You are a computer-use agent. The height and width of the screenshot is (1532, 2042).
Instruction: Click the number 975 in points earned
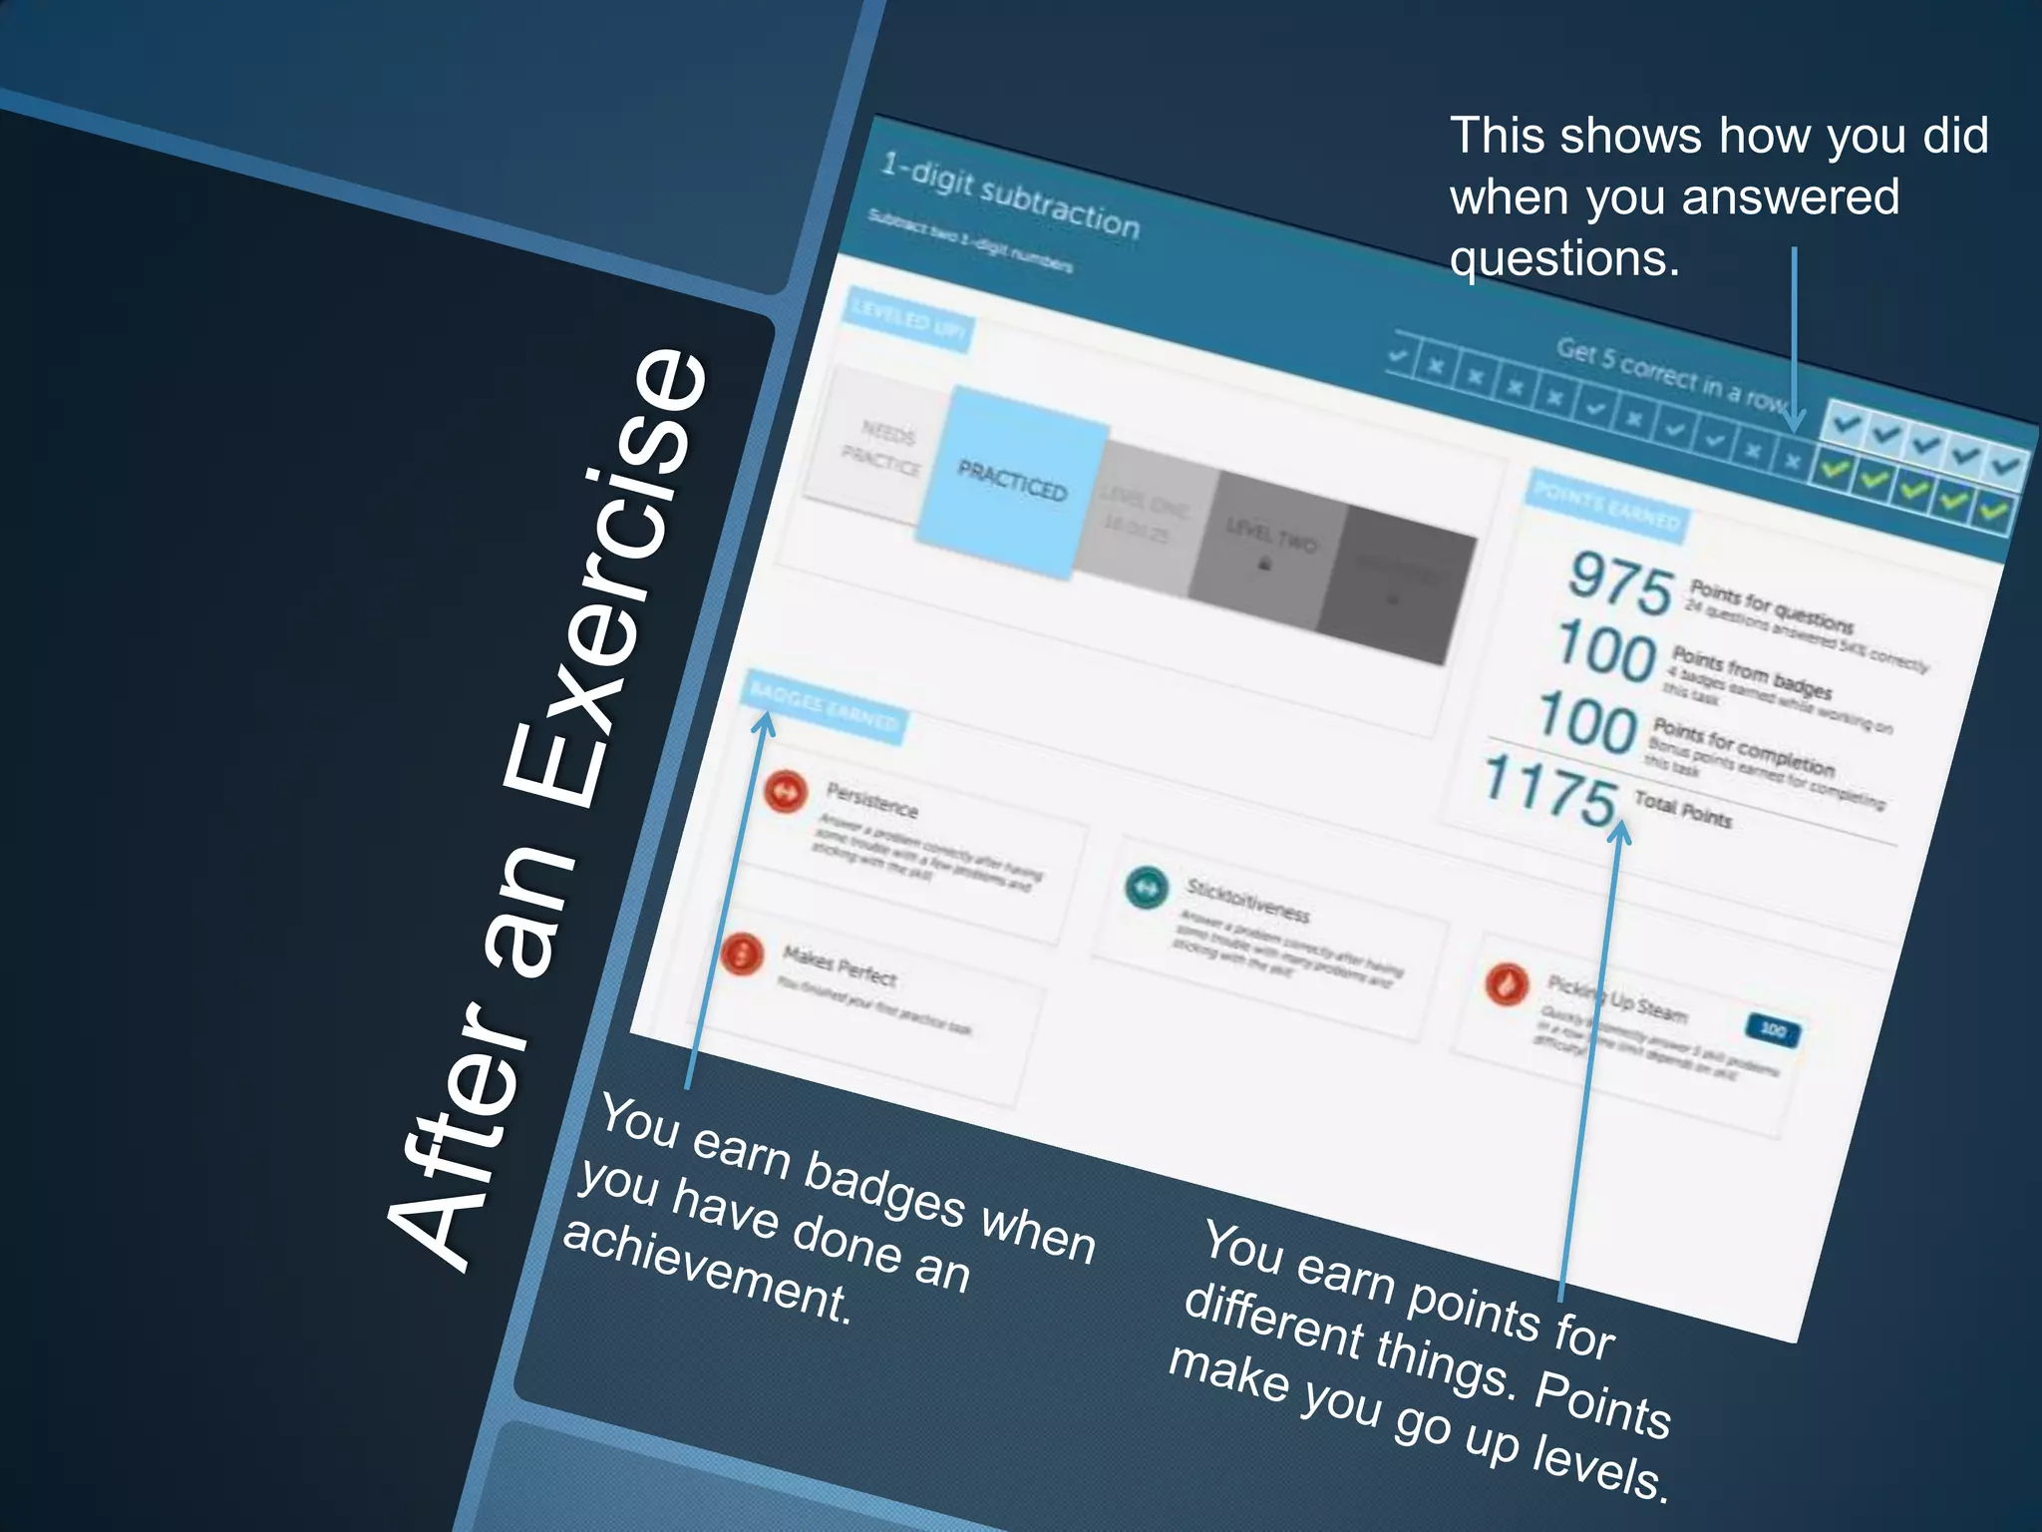point(1620,584)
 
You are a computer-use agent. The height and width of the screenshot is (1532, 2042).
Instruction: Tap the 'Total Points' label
point(1683,809)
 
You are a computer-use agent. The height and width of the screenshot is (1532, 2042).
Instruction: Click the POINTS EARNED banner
point(1606,506)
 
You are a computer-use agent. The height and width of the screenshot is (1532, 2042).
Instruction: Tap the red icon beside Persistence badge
point(786,792)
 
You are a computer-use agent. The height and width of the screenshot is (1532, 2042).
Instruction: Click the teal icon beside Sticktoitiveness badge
point(1146,887)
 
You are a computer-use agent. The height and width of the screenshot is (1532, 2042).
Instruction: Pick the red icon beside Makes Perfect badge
point(743,954)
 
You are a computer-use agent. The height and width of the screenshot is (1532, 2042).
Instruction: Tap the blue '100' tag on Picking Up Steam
point(1773,1029)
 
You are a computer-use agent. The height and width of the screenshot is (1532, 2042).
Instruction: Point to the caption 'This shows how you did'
point(1718,136)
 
